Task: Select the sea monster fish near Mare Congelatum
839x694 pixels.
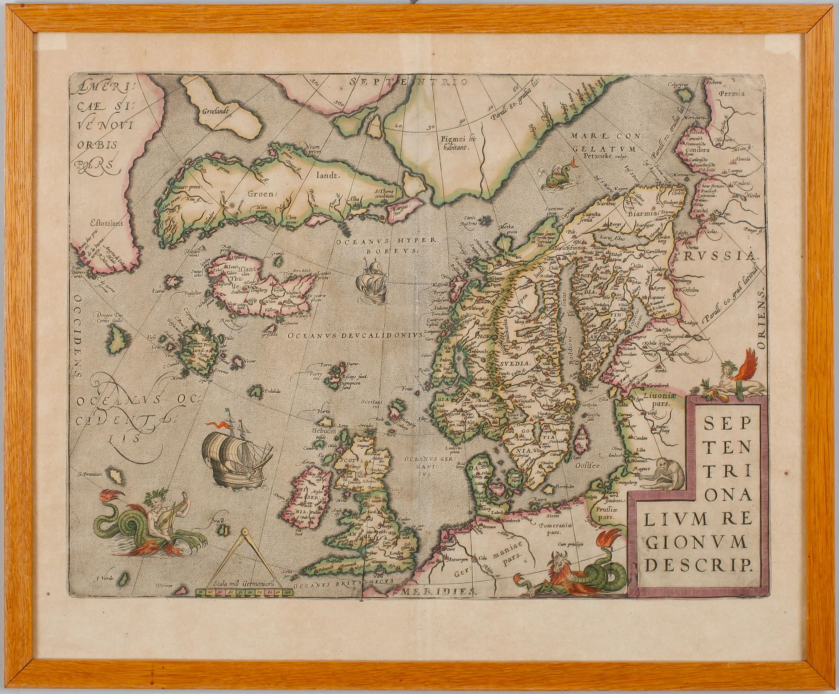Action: pos(551,177)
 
